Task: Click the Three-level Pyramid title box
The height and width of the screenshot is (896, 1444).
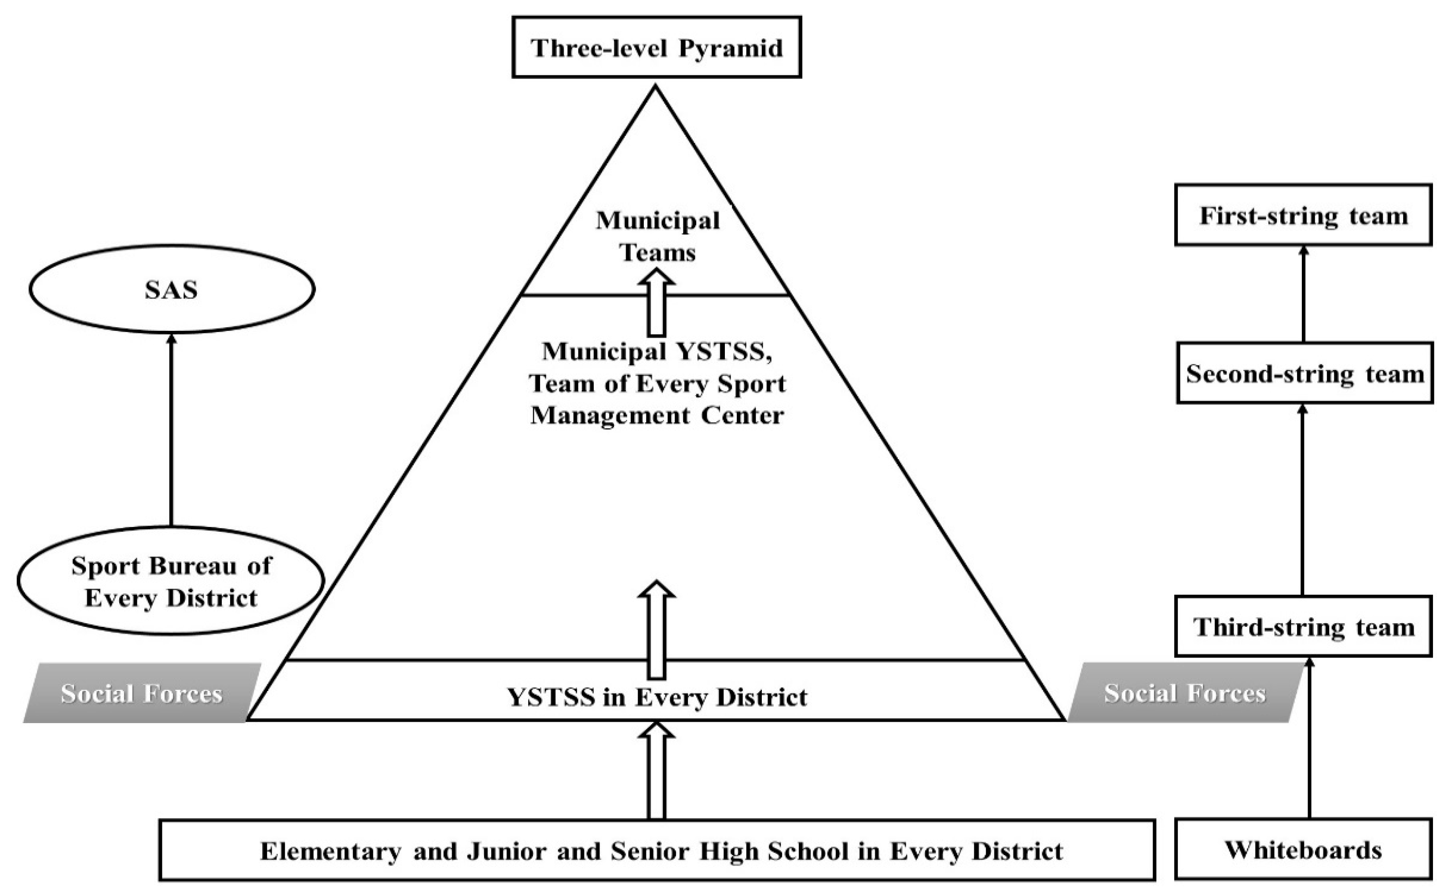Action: tap(657, 48)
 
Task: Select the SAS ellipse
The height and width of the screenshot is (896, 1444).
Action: tap(171, 289)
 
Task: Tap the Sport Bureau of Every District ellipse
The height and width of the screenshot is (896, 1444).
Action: tap(171, 581)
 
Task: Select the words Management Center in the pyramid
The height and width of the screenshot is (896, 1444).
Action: tap(657, 415)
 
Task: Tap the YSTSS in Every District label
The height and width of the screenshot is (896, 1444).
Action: tap(657, 697)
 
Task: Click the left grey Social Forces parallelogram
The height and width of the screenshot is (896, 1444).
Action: tap(142, 693)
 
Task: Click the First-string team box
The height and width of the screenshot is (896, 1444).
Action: tap(1303, 215)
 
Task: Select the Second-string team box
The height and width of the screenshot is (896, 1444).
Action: tap(1304, 373)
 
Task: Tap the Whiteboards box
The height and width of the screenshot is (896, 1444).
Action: tap(1303, 850)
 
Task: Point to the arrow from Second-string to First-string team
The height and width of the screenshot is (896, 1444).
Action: tap(1303, 293)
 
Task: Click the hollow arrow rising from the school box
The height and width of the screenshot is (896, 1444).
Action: tap(656, 770)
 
